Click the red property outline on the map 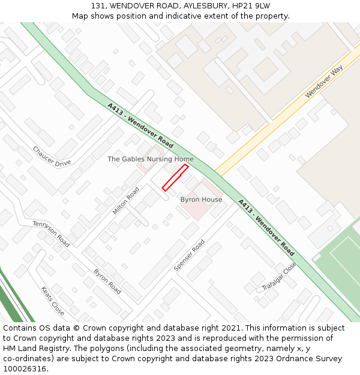(x=175, y=178)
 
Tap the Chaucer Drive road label (x=52, y=156)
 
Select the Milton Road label (x=126, y=200)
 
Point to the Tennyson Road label (x=51, y=233)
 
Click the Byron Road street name (x=107, y=281)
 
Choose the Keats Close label (x=52, y=301)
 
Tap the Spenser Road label (x=189, y=255)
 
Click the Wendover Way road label (x=323, y=82)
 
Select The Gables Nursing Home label (x=151, y=159)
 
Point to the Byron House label (x=201, y=199)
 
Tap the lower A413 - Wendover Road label (x=266, y=227)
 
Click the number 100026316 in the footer (x=23, y=368)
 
